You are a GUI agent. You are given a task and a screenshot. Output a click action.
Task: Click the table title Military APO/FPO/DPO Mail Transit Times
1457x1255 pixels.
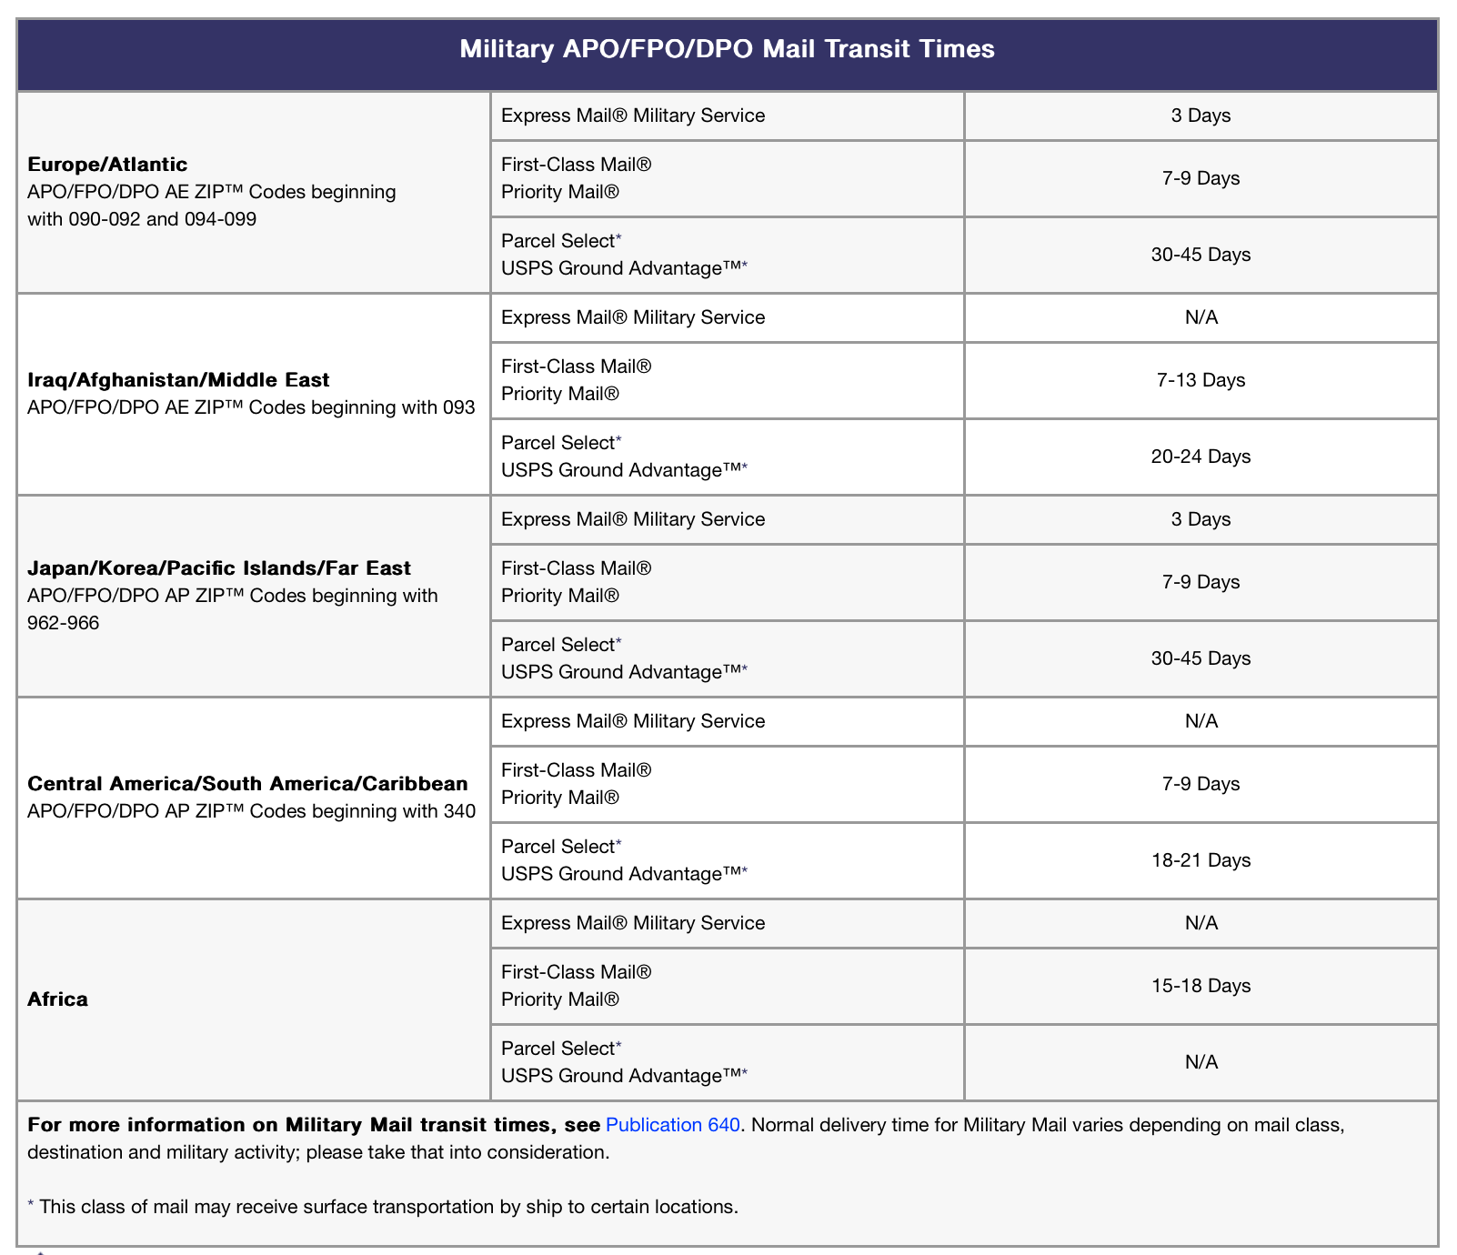click(727, 49)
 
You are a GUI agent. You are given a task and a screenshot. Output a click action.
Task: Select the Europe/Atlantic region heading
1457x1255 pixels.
click(107, 165)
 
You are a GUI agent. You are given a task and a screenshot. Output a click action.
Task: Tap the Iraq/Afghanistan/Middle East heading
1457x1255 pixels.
click(178, 380)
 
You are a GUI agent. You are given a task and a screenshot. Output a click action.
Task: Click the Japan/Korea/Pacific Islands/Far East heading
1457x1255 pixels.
click(219, 568)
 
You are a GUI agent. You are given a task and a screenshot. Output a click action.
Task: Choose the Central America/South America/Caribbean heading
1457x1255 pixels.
click(247, 784)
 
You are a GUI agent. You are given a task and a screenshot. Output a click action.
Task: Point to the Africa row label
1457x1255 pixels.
click(58, 999)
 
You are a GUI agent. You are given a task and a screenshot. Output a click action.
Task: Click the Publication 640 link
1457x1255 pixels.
click(672, 1125)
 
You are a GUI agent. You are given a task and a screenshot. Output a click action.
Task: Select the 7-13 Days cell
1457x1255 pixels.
click(1201, 380)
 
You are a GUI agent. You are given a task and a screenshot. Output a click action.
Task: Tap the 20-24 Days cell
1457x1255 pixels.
click(1201, 457)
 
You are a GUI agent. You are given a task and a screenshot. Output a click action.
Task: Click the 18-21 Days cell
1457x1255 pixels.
click(1201, 860)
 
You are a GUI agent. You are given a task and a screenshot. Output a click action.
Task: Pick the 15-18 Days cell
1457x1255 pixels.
click(1201, 986)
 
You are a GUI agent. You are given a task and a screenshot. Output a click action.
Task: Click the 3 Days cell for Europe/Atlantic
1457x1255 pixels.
click(1201, 115)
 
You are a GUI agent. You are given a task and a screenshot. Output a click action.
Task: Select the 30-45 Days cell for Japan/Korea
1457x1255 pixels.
click(1201, 658)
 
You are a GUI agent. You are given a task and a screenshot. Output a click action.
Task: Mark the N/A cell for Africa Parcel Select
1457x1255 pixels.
click(1201, 1062)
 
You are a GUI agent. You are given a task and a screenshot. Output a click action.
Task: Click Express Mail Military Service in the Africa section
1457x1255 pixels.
click(633, 923)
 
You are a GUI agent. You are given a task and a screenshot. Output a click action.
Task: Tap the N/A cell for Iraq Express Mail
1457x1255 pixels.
click(1201, 317)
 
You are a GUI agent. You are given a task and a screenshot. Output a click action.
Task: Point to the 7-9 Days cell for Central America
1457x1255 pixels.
click(1201, 784)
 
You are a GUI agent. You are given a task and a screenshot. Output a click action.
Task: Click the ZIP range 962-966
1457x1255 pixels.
click(64, 623)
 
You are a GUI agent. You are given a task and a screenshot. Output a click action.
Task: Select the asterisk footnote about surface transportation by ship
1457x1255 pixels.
click(383, 1207)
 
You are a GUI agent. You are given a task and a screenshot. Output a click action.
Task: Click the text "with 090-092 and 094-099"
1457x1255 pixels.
click(142, 219)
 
